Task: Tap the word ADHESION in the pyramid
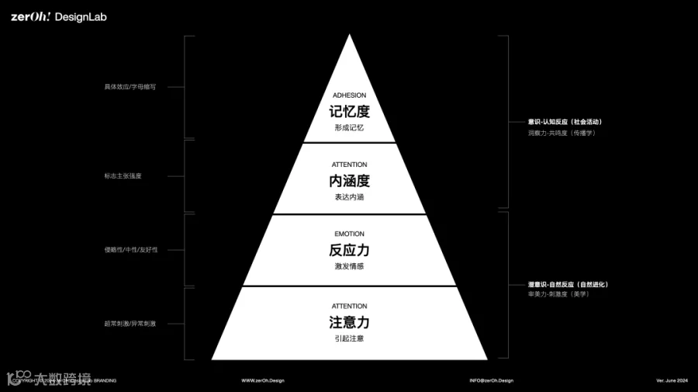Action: (x=349, y=95)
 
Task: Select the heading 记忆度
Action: (x=349, y=111)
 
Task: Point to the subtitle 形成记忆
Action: (x=349, y=127)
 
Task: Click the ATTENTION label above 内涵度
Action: (x=349, y=165)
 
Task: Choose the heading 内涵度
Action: (x=349, y=181)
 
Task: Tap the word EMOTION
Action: (x=349, y=234)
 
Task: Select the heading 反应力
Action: (x=349, y=250)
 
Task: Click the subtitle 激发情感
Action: (x=349, y=266)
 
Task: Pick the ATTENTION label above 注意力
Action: (x=349, y=306)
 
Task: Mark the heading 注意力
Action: (x=349, y=322)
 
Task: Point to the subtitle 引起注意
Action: (x=349, y=338)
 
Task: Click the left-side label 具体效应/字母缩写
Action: (x=130, y=87)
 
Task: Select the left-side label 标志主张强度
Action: (x=123, y=176)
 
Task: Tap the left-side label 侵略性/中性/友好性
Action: (x=130, y=250)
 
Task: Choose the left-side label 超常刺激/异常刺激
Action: (x=130, y=323)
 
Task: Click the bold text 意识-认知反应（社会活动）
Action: (x=565, y=122)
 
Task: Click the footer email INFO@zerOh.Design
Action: (x=491, y=380)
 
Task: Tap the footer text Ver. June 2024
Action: (x=672, y=380)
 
